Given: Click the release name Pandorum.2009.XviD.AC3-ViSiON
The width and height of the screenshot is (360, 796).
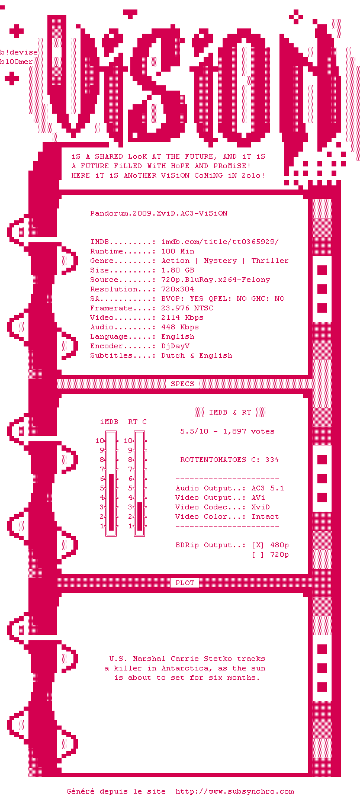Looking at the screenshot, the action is pos(159,213).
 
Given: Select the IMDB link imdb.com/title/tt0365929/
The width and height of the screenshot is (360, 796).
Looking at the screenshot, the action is pos(220,242).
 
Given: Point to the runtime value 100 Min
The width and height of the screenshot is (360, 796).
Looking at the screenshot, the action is pos(178,251).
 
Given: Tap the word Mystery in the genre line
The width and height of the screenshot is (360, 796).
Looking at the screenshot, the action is pos(220,261).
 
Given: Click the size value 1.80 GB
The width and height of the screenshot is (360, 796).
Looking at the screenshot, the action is pos(178,270).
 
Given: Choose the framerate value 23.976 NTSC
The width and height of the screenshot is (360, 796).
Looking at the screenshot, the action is pos(187,308).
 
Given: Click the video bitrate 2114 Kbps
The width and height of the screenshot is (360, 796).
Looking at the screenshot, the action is pos(182,317).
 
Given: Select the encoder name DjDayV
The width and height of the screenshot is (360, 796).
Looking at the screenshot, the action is pos(175,346).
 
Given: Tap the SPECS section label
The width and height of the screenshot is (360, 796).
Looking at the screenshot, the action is pos(182,384).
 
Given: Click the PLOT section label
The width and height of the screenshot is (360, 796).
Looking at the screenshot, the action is pos(185,583).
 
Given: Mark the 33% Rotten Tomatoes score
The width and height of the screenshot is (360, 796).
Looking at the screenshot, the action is pos(272,460).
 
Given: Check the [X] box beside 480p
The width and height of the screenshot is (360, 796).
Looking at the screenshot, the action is pos(258,545).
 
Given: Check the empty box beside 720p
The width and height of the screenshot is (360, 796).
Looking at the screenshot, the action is pos(258,555).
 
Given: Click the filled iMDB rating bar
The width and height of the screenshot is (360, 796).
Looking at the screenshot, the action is pos(111,502).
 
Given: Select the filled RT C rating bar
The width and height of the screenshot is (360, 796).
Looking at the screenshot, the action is pos(140,516).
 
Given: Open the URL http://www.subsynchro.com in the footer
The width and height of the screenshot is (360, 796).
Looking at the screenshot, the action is pos(234,791).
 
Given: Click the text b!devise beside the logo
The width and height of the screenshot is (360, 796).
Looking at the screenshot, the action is pos(19,52).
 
